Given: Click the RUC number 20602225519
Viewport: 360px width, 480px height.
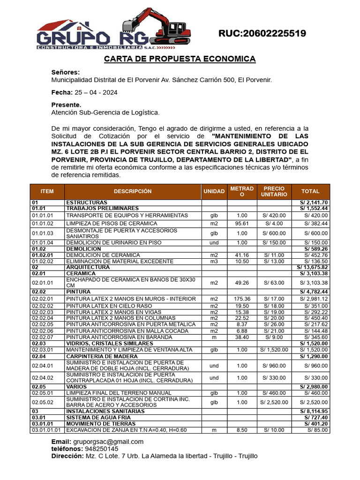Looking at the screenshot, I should (x=262, y=33).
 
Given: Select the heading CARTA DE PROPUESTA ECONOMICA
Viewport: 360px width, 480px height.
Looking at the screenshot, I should (x=180, y=59).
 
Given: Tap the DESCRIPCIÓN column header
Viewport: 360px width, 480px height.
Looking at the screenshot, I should (x=133, y=191).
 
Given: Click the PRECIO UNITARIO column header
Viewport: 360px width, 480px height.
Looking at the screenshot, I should (x=274, y=191).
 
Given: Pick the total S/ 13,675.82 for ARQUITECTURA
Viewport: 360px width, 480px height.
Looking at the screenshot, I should (x=313, y=267).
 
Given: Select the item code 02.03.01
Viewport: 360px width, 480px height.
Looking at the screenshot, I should (x=43, y=350).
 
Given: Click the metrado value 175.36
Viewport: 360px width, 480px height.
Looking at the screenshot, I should (x=242, y=299).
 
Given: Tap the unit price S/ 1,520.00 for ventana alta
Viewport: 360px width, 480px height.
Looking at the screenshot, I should (x=274, y=350).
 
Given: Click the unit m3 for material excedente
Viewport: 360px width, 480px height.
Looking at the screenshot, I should (x=214, y=261).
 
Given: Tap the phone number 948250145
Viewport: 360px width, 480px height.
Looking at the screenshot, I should (x=99, y=449).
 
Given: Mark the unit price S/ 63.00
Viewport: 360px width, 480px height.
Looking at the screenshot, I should (x=274, y=283).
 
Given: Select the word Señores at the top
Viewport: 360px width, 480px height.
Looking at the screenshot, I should (x=65, y=72).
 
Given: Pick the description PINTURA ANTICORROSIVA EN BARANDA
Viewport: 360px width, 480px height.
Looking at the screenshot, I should (x=115, y=337).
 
